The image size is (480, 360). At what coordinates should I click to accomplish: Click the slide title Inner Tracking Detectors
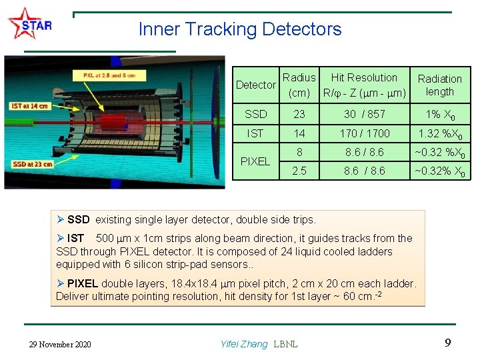(x=240, y=29)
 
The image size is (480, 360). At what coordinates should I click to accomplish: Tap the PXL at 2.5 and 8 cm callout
(x=109, y=76)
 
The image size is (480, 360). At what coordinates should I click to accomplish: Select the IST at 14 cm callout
(x=30, y=106)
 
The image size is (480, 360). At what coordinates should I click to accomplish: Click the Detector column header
(x=255, y=85)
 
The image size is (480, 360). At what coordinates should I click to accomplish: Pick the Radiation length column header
(x=439, y=85)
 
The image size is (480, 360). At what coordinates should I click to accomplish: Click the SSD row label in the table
(x=255, y=114)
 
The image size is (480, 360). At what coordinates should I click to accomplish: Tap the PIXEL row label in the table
(x=255, y=161)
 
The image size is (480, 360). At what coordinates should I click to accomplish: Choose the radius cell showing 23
(x=299, y=114)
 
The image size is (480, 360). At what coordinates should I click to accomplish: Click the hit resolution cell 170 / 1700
(x=364, y=133)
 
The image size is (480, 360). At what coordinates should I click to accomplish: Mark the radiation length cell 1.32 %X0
(x=439, y=133)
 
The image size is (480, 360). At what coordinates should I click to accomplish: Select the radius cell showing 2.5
(x=299, y=171)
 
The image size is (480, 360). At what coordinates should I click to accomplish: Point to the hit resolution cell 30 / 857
(x=364, y=114)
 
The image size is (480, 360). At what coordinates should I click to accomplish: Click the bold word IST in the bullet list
(x=76, y=238)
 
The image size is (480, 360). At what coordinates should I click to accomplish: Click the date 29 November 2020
(x=61, y=344)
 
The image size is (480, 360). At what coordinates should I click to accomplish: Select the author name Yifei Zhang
(x=243, y=344)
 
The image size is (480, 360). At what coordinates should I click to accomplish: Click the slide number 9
(x=448, y=343)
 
